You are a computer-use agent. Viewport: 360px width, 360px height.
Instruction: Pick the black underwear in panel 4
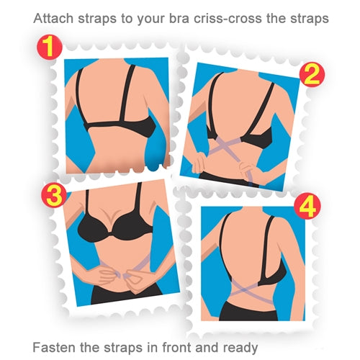(x=248, y=311)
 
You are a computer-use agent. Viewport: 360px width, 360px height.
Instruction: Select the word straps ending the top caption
(x=310, y=16)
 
